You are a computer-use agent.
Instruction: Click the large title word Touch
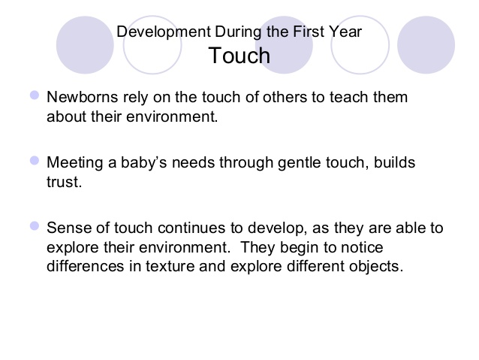[x=239, y=56]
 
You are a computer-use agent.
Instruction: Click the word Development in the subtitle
[x=164, y=32]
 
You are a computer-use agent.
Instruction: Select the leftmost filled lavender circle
[x=85, y=45]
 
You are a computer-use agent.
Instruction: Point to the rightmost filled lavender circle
[x=426, y=45]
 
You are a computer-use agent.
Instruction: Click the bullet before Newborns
[x=35, y=95]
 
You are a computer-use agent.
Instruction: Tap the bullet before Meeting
[x=35, y=161]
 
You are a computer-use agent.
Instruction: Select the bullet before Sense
[x=35, y=226]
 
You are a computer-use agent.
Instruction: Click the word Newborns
[x=82, y=97]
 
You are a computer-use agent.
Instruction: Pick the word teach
[x=349, y=97]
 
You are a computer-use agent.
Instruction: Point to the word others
[x=285, y=97]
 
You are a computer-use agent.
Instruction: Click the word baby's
[x=144, y=163]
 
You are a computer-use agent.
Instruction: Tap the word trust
[x=64, y=182]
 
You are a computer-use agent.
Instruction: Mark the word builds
[x=394, y=162]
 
